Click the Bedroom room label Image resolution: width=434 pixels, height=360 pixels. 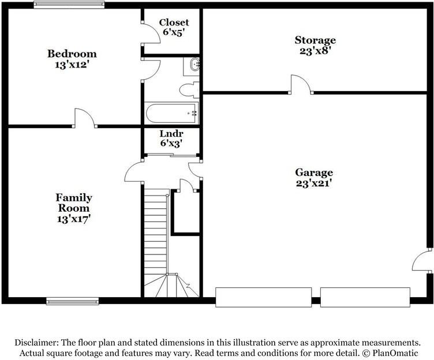(x=72, y=54)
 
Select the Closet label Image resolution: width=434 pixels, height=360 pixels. (x=174, y=22)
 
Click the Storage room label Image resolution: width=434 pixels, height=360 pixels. (x=315, y=40)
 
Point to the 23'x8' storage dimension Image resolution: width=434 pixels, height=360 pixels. (x=315, y=50)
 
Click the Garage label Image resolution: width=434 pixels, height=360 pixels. (x=314, y=172)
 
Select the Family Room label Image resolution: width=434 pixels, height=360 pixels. (x=73, y=202)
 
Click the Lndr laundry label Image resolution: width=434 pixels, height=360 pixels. (x=171, y=133)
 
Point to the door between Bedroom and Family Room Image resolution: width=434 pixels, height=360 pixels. (x=84, y=118)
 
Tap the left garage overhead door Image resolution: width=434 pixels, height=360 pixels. (x=263, y=297)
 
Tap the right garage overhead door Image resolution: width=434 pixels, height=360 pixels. (x=365, y=297)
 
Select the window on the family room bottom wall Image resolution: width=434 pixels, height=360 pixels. (x=72, y=301)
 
